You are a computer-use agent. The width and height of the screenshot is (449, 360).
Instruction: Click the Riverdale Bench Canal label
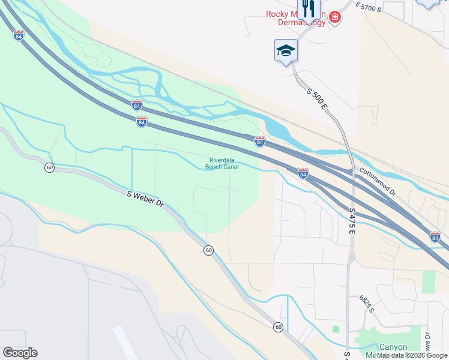click(222, 164)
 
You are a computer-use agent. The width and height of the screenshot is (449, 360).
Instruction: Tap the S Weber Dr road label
click(145, 199)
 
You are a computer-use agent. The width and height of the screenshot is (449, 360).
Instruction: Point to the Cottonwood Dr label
click(378, 182)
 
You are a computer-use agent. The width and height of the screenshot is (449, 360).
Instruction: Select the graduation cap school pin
click(286, 50)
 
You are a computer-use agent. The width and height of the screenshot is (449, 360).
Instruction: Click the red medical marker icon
click(334, 17)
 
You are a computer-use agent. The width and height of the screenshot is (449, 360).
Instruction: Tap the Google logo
click(20, 353)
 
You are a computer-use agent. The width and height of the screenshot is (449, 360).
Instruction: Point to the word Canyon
click(393, 347)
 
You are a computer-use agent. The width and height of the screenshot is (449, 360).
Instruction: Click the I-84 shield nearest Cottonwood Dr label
click(303, 173)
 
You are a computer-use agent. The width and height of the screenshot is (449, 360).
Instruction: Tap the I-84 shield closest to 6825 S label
click(435, 238)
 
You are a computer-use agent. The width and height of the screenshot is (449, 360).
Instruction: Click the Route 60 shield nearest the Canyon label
click(278, 327)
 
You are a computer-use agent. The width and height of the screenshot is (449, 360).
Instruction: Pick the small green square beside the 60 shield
click(336, 329)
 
